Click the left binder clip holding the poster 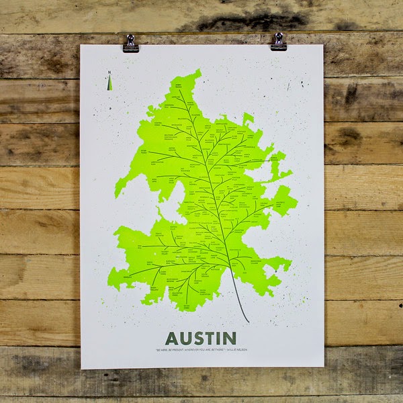click(x=130, y=44)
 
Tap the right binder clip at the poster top click(x=278, y=42)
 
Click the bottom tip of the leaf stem click(x=249, y=322)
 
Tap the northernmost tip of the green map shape click(x=198, y=70)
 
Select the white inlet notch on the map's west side click(x=161, y=201)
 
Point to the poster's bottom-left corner click(x=81, y=368)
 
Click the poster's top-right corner click(x=323, y=45)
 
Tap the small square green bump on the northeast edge click(x=248, y=118)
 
